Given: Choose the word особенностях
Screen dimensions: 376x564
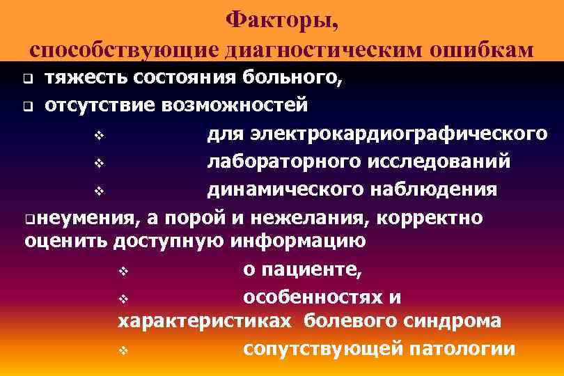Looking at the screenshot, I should point(312,297).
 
